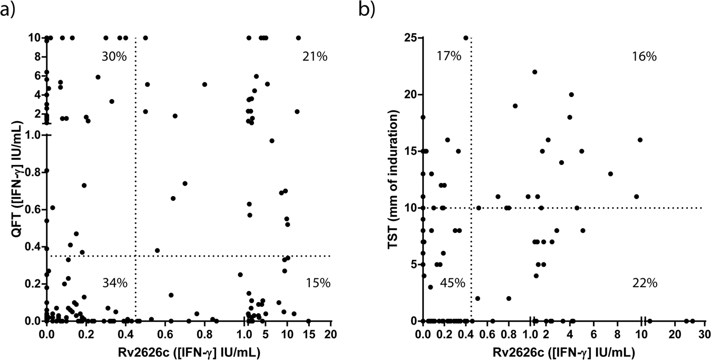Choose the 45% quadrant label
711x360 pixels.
coord(452,283)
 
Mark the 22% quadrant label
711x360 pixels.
coord(645,283)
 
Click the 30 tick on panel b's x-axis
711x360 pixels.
coord(703,334)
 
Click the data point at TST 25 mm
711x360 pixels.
coord(466,38)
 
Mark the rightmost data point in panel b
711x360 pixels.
coord(693,320)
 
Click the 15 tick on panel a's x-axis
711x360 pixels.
coord(308,334)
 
